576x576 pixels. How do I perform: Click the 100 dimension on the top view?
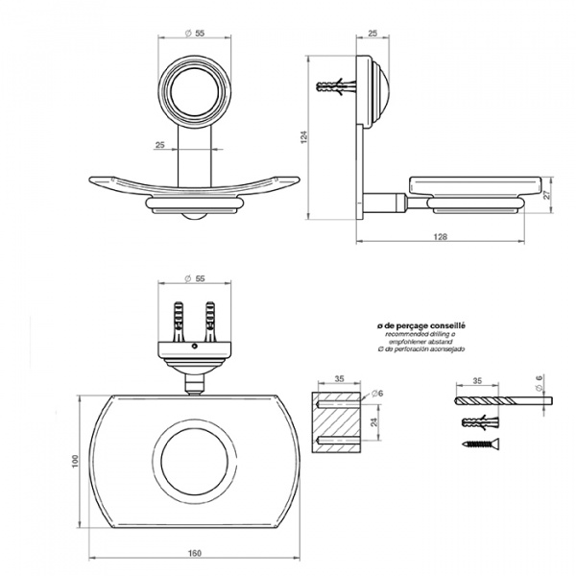(x=73, y=463)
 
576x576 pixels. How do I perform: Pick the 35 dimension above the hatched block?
(x=340, y=378)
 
